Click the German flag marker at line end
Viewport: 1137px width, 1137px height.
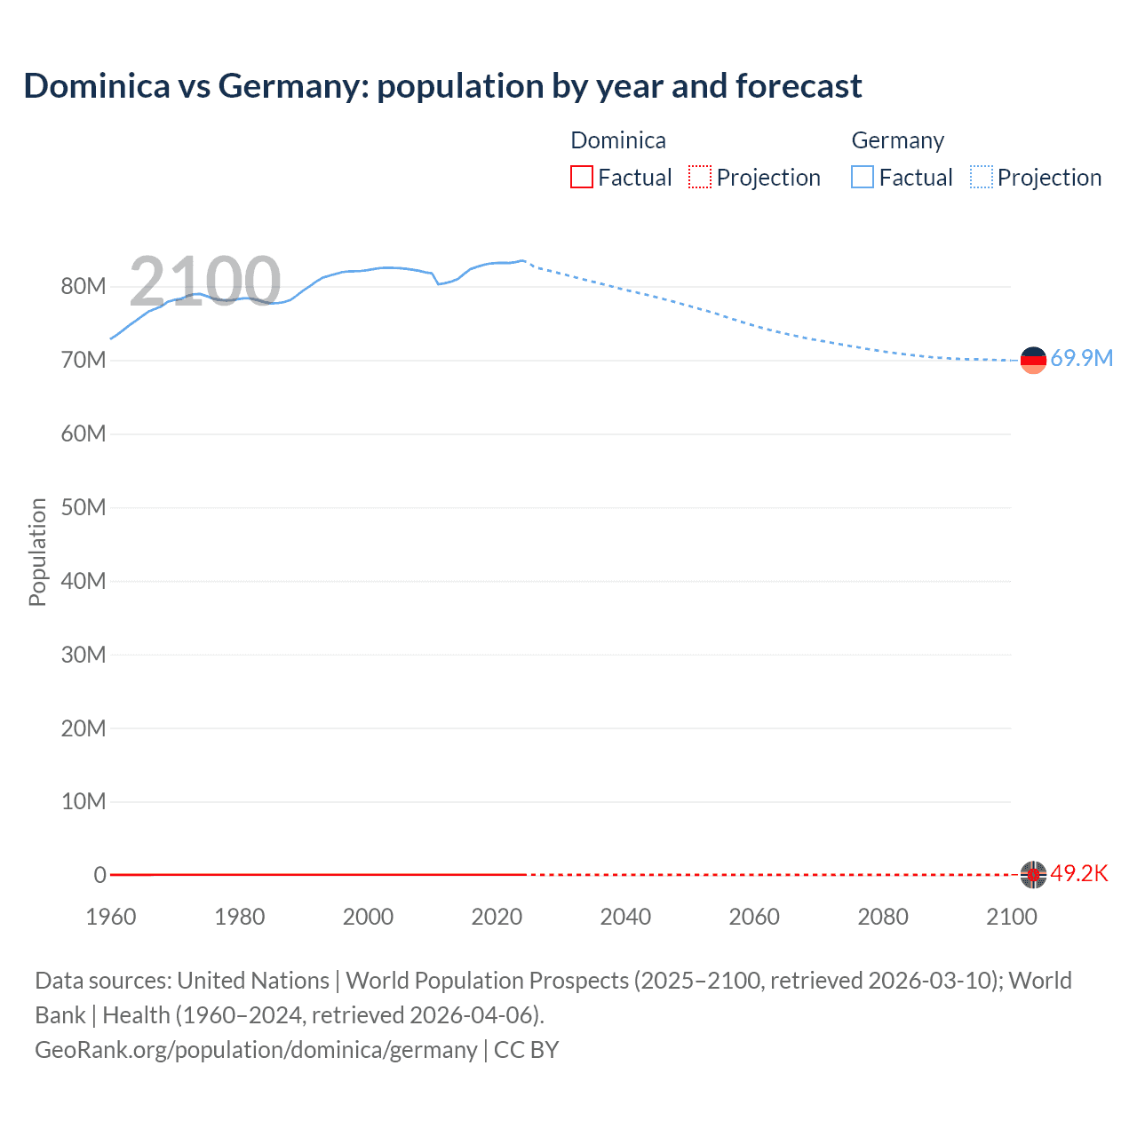click(1033, 360)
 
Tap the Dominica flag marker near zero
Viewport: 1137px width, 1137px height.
click(1033, 874)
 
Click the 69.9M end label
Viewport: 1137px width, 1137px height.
click(1081, 359)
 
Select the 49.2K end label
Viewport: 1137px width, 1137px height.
click(1079, 874)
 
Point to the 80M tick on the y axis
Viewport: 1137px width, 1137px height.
click(83, 286)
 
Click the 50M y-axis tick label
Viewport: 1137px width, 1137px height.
click(83, 507)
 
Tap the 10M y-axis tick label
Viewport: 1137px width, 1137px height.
click(83, 801)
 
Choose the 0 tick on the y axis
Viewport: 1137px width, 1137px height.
click(99, 875)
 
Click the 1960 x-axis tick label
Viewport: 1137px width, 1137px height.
click(111, 917)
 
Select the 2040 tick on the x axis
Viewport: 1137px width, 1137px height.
click(625, 917)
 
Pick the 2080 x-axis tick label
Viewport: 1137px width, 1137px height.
click(883, 917)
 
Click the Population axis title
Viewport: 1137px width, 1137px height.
click(37, 552)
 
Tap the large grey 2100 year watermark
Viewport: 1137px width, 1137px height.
click(205, 282)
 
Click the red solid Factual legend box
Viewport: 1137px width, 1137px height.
click(582, 177)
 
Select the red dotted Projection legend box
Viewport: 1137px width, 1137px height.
click(700, 177)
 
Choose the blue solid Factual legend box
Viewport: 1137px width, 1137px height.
click(863, 177)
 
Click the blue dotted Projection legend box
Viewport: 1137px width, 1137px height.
click(982, 177)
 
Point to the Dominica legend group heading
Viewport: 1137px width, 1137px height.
click(618, 140)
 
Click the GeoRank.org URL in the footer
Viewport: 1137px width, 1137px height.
click(256, 1050)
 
